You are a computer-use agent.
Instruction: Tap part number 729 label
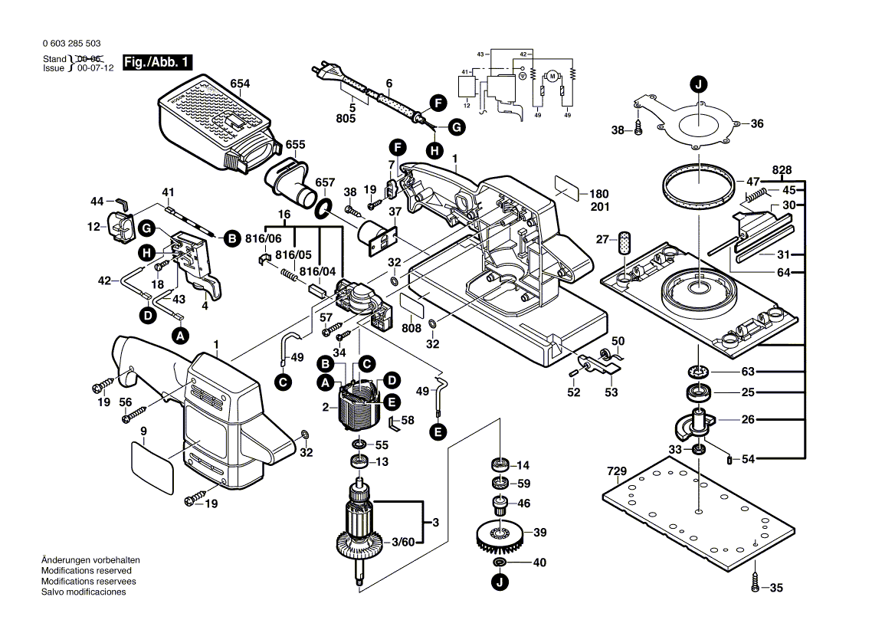click(616, 471)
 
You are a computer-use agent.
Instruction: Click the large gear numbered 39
click(499, 534)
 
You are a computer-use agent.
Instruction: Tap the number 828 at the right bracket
click(782, 169)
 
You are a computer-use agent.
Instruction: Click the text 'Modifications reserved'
click(86, 571)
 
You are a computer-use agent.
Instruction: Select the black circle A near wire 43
click(180, 335)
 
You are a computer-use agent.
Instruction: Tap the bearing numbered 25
click(698, 393)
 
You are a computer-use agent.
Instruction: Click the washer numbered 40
click(499, 563)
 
